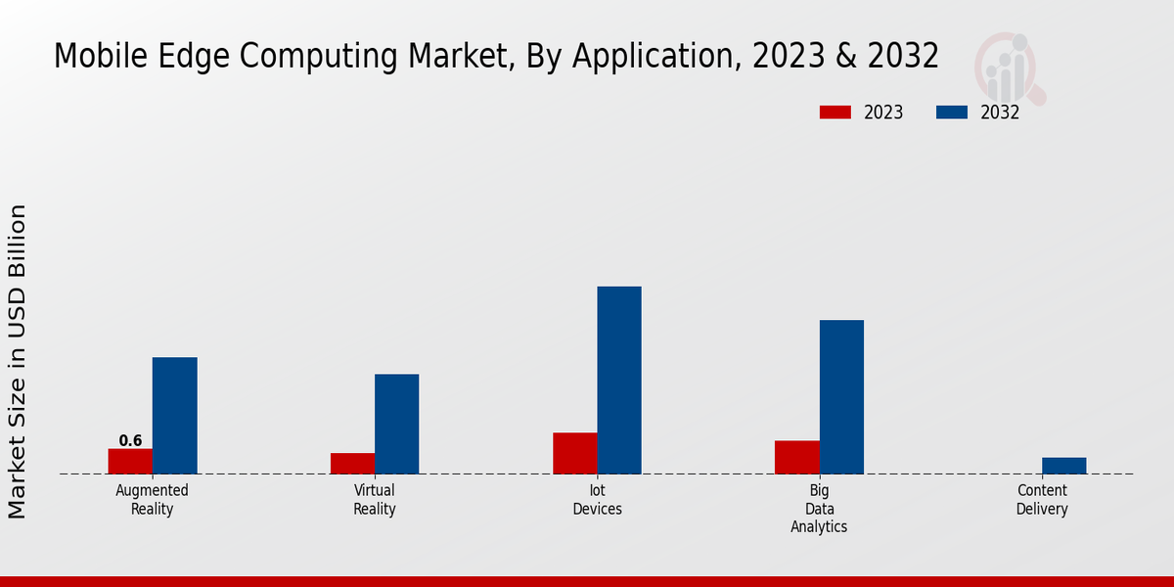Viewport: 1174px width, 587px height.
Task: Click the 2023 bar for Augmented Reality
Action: [130, 461]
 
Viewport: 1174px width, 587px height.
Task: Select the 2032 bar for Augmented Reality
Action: [174, 416]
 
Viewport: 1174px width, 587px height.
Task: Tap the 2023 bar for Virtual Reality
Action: [352, 464]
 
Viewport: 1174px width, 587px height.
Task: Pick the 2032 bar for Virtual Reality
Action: [396, 424]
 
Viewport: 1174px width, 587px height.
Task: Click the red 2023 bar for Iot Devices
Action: [574, 453]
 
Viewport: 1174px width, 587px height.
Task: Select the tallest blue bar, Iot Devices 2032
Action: [619, 381]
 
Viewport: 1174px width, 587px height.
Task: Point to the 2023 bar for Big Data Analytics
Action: [796, 457]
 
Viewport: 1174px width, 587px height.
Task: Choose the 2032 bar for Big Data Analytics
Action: [841, 397]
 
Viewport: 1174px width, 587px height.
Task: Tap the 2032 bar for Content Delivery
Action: [1063, 466]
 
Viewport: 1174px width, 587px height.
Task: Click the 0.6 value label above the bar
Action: [130, 441]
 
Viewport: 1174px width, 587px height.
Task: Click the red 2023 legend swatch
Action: [835, 113]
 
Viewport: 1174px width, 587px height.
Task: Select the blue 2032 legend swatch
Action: [951, 113]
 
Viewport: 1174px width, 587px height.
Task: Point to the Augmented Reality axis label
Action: [152, 500]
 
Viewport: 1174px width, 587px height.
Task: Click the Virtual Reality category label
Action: [375, 500]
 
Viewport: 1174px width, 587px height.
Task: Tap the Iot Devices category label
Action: [597, 500]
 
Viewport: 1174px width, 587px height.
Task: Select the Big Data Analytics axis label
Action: [819, 509]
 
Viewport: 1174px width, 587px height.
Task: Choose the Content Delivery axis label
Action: [1042, 500]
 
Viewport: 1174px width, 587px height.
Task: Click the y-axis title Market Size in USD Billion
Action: [18, 361]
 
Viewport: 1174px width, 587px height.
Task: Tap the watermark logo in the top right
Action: [1009, 67]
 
